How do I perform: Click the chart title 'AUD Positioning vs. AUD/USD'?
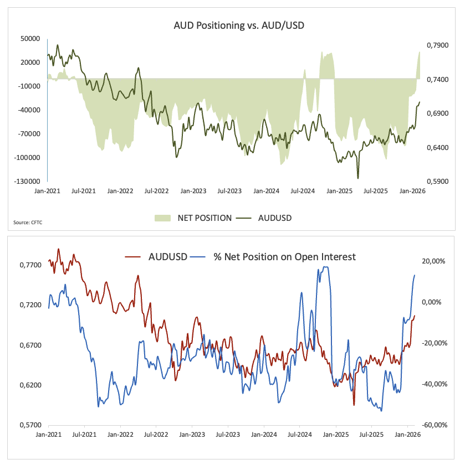pos(232,25)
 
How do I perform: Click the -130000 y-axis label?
pos(28,181)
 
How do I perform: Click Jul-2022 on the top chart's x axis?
pos(156,190)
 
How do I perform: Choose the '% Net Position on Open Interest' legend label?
pos(284,256)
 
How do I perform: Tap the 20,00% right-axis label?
pos(433,261)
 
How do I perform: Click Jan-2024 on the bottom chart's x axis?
pos(264,435)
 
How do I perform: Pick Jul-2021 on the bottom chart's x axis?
pos(84,435)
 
